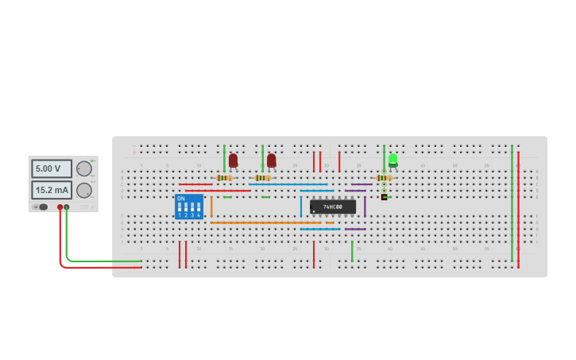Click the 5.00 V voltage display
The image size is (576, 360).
[52, 168]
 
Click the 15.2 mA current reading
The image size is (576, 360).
[52, 190]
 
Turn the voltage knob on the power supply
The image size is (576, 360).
[83, 168]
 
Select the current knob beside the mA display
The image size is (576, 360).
[83, 190]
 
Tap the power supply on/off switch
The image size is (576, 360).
[41, 207]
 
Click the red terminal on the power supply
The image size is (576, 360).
[60, 207]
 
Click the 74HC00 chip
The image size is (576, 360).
[333, 207]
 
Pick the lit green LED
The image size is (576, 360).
[392, 161]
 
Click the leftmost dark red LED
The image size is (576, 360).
[233, 161]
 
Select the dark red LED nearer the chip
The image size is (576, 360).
[271, 161]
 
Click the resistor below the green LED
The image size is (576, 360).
[384, 177]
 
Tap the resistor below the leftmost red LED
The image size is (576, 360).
[224, 177]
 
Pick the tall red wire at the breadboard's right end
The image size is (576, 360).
[518, 207]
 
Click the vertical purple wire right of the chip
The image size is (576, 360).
[365, 207]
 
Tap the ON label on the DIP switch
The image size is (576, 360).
[181, 199]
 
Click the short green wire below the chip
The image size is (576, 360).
[352, 251]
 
